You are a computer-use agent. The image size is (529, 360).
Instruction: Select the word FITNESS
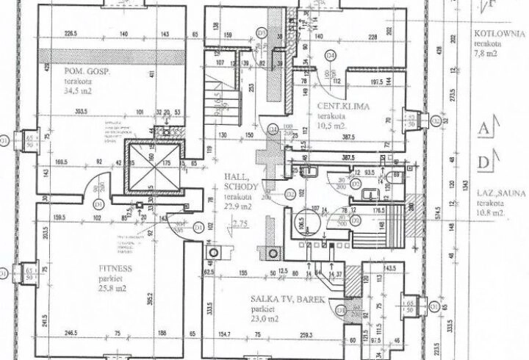coord(115,269)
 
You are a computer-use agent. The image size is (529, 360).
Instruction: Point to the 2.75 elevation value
coord(239,222)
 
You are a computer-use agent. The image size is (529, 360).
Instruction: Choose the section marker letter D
coord(484,162)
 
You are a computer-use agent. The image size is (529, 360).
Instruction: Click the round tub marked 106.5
coord(301,223)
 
